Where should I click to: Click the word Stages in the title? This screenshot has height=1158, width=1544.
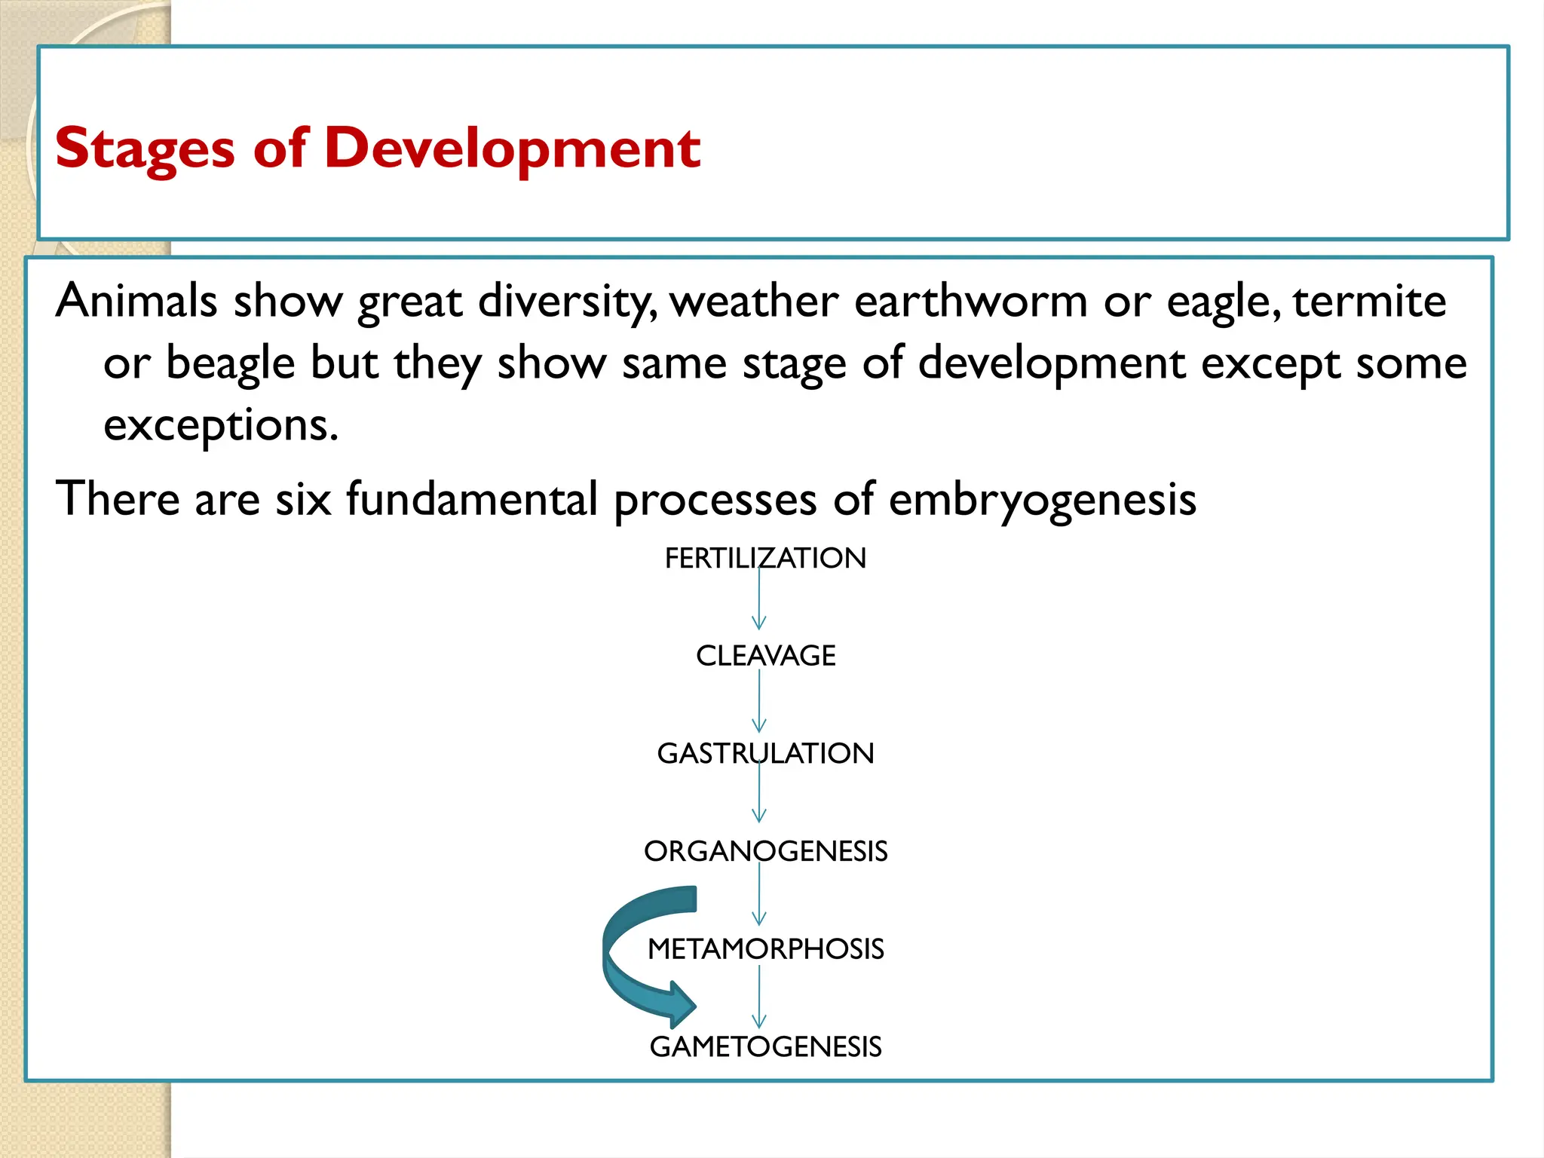(x=145, y=149)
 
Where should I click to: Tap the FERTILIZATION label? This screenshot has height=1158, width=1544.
(x=765, y=559)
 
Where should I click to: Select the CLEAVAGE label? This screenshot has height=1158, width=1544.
(x=765, y=656)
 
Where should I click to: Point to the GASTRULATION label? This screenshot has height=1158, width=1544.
(x=765, y=754)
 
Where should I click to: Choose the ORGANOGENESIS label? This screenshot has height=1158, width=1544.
(x=765, y=851)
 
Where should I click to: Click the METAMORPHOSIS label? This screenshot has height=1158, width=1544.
(x=765, y=949)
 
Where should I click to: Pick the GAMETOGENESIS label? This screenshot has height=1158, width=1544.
(x=765, y=1047)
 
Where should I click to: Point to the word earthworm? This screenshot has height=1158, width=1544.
(x=970, y=302)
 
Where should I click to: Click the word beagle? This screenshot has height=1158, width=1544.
(x=230, y=364)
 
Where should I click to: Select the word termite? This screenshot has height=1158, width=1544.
(x=1369, y=302)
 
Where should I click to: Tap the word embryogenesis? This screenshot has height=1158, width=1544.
(x=1042, y=500)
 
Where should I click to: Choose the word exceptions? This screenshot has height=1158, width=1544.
(x=221, y=426)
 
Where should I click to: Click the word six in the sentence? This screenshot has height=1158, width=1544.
(x=303, y=500)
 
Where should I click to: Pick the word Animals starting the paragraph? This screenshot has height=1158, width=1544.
(x=136, y=302)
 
